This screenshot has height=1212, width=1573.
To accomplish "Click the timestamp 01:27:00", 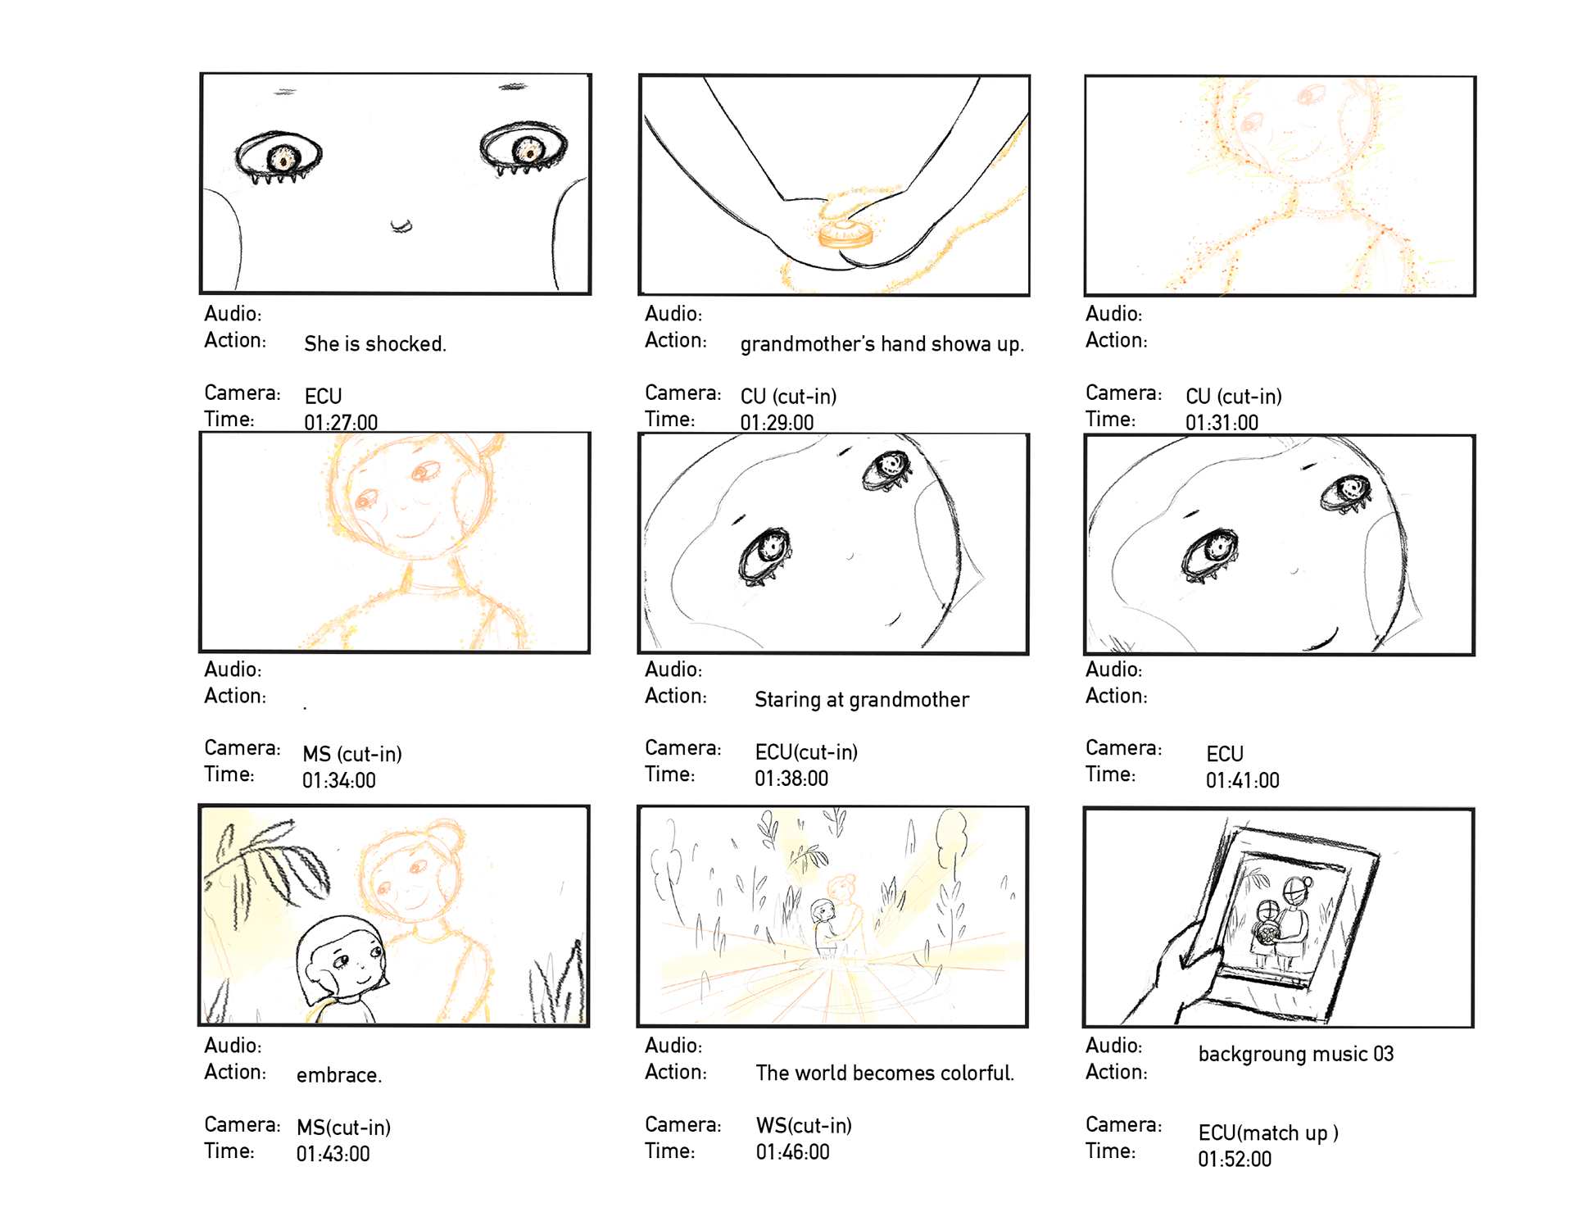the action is click(341, 423).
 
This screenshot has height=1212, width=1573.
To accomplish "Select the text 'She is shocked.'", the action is click(375, 344).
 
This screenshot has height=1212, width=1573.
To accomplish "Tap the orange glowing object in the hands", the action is click(845, 234).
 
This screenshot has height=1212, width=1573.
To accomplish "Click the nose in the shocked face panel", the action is click(401, 226).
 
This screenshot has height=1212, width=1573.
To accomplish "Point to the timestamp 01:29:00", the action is click(777, 423).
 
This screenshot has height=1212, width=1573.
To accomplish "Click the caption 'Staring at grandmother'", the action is click(862, 700).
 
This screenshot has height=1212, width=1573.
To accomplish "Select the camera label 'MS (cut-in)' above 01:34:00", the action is click(352, 754).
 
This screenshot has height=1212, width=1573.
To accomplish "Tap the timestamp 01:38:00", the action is click(791, 778).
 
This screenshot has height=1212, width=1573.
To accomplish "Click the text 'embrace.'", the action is click(339, 1075).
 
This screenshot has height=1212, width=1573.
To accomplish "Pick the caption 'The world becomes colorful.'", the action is click(885, 1073).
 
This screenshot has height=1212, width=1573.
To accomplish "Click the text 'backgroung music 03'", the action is click(1296, 1055).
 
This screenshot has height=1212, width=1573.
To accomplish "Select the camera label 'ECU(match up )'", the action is click(1268, 1133).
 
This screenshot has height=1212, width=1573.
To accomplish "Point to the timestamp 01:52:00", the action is click(1235, 1160).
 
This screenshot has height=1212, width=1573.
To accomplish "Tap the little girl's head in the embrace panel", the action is click(342, 959).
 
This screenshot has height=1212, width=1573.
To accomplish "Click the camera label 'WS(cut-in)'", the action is click(804, 1126).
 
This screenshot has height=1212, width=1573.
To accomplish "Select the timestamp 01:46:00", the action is click(792, 1152).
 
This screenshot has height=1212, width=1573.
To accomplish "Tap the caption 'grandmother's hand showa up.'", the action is click(882, 344).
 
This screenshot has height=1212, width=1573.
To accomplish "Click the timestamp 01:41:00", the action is click(1242, 780).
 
